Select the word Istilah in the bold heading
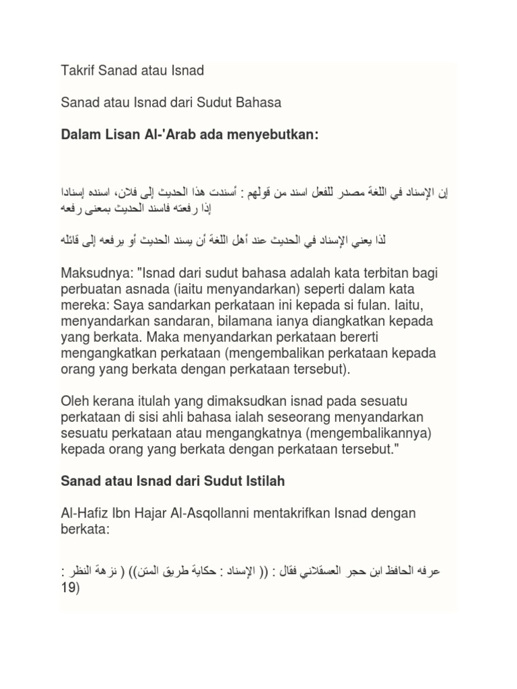(x=261, y=482)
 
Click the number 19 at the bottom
(x=68, y=587)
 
